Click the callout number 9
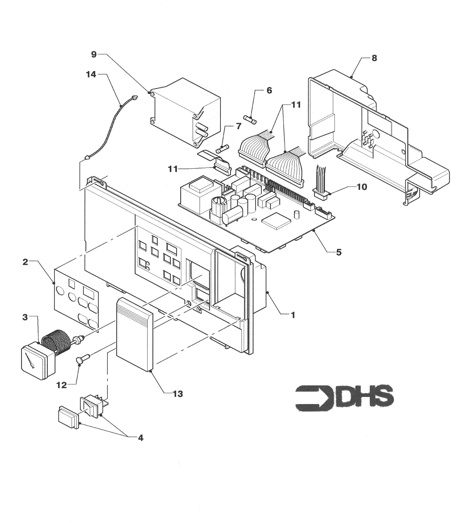94,54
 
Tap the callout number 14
91,74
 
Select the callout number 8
374,58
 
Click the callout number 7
239,126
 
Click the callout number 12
62,385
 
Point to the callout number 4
141,438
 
